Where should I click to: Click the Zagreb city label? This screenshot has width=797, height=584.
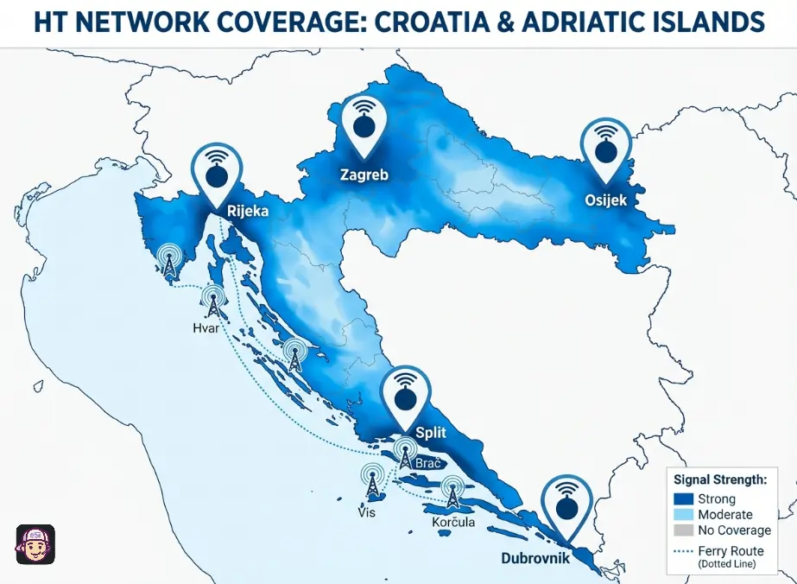point(364,175)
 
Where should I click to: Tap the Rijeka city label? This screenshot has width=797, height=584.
point(247,210)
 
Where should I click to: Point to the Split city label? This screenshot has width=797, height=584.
point(431,432)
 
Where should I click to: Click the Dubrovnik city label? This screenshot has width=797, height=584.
point(535,558)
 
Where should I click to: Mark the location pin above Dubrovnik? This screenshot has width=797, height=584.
point(566,505)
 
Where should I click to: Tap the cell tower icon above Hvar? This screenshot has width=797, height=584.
point(212,301)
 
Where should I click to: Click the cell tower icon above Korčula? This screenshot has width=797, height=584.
point(452,492)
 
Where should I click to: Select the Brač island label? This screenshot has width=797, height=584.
point(428,464)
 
